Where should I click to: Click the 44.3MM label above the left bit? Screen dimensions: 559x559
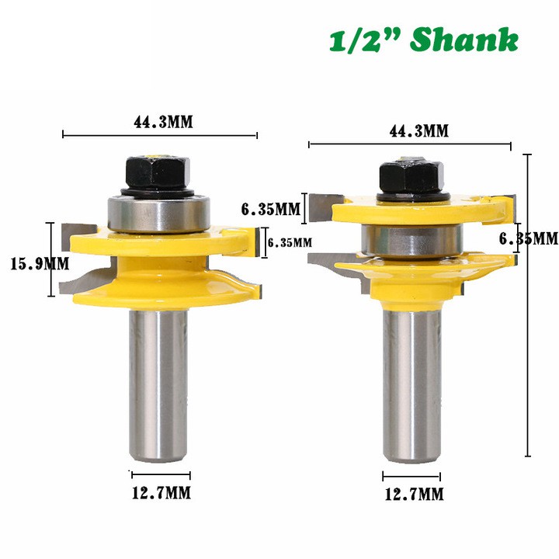tap(160, 122)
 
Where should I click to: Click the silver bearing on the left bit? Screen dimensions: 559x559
tap(160, 214)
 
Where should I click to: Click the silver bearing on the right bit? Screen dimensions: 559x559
tap(411, 238)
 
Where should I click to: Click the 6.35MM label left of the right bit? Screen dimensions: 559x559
tap(270, 209)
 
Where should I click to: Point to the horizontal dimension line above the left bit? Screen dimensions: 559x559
tap(160, 136)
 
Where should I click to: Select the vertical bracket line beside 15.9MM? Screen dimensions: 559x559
tap(53, 259)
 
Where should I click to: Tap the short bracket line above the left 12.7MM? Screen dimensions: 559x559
tap(161, 474)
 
